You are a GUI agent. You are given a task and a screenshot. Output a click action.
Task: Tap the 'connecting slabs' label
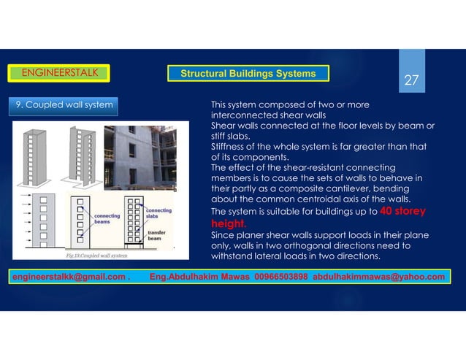pos(163,214)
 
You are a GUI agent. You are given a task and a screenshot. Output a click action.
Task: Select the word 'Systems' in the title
pos(292,74)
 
